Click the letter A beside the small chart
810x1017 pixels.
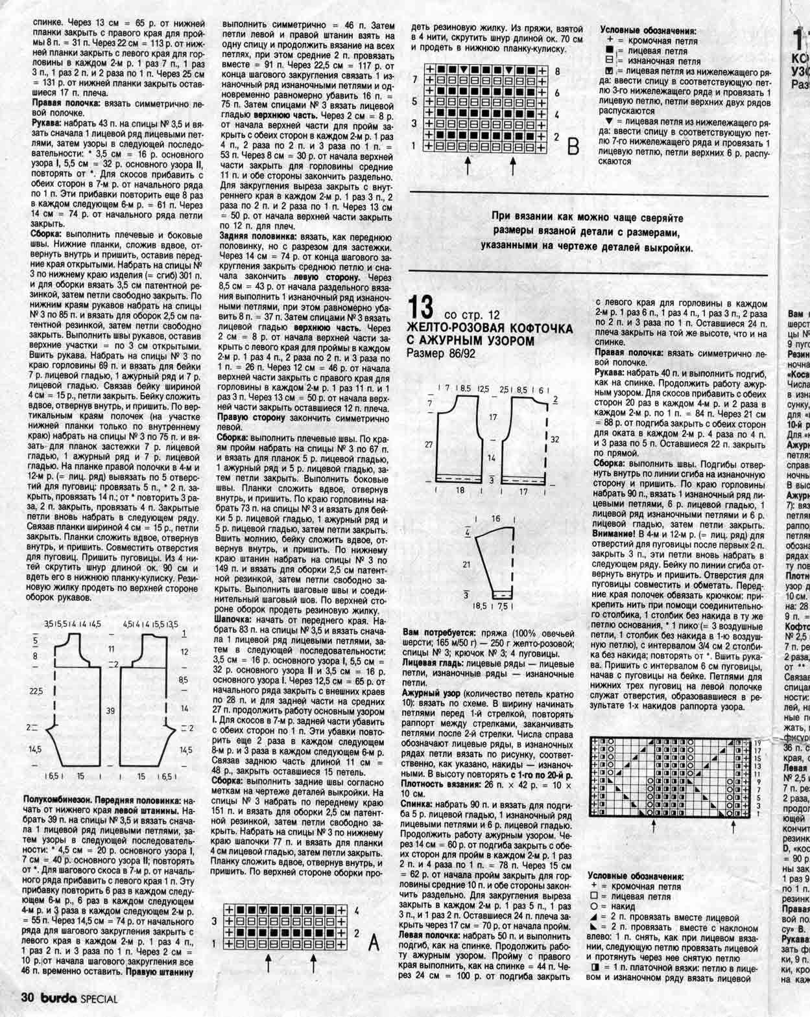373,944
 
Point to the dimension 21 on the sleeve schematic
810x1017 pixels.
466,564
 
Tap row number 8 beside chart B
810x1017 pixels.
556,70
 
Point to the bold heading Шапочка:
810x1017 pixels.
238,620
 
